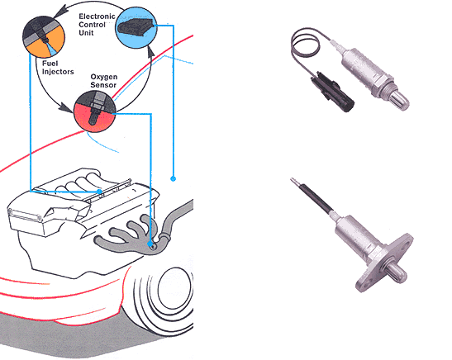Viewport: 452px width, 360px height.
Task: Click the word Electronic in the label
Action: click(x=97, y=17)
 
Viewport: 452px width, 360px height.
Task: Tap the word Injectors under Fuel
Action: click(x=58, y=72)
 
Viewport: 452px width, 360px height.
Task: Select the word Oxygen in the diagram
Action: click(x=104, y=77)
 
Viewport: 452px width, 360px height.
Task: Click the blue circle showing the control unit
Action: click(x=136, y=27)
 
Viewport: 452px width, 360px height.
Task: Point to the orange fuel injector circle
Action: click(x=44, y=37)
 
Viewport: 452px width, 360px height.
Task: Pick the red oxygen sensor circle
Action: click(x=95, y=111)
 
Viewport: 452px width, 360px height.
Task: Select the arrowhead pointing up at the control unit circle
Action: click(x=150, y=51)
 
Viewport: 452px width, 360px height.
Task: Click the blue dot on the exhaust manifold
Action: click(x=150, y=244)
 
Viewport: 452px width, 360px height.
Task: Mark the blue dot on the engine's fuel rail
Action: click(x=99, y=192)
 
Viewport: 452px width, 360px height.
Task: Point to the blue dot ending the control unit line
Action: click(x=173, y=178)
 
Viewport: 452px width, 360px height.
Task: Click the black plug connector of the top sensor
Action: click(x=332, y=92)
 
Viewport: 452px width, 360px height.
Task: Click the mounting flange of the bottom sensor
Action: click(x=384, y=263)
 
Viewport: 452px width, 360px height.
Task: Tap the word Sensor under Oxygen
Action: click(x=103, y=85)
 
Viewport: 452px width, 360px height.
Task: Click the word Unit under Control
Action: click(x=86, y=33)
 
